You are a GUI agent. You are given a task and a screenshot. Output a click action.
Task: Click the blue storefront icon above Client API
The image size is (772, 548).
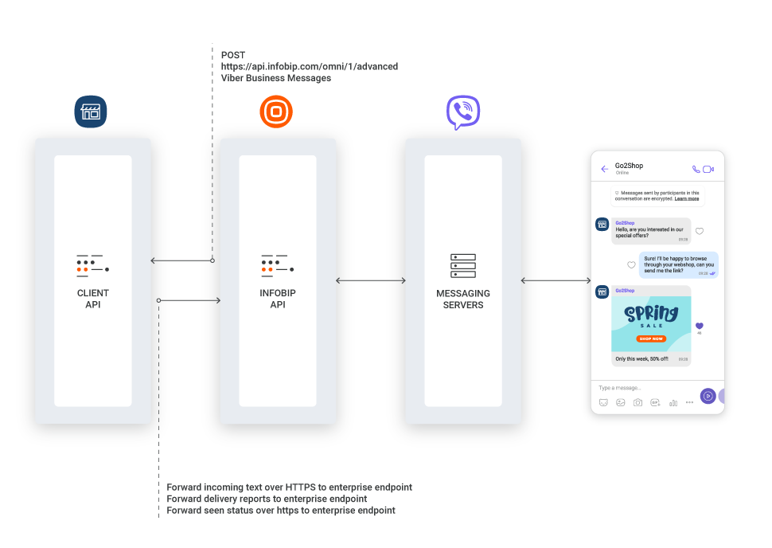pyautogui.click(x=91, y=112)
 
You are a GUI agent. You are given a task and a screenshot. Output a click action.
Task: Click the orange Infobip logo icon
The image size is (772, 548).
pyautogui.click(x=276, y=112)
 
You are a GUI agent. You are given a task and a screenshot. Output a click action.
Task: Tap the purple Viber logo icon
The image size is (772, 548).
pyautogui.click(x=463, y=112)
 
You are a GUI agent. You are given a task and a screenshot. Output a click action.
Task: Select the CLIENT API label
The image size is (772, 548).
pyautogui.click(x=93, y=299)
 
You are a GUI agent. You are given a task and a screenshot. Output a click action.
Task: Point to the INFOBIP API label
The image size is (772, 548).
pyautogui.click(x=278, y=299)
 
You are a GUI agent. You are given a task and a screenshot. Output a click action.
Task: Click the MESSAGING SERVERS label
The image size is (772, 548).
pyautogui.click(x=463, y=299)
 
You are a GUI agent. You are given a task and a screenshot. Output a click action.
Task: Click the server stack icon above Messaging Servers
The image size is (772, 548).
pyautogui.click(x=463, y=265)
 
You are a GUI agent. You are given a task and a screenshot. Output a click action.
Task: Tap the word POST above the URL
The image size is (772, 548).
pyautogui.click(x=233, y=55)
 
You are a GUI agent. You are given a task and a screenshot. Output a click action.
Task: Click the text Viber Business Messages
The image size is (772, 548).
pyautogui.click(x=276, y=78)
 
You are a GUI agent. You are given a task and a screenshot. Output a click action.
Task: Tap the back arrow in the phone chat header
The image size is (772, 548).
pyautogui.click(x=605, y=169)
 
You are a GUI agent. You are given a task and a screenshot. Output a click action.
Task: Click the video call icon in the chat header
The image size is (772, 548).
pyautogui.click(x=708, y=169)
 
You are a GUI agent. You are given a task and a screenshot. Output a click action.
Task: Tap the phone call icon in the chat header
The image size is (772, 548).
pyautogui.click(x=696, y=169)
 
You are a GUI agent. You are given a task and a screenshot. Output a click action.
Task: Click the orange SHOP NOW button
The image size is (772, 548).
pyautogui.click(x=651, y=339)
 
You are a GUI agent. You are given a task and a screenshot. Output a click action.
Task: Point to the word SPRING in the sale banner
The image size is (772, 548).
pyautogui.click(x=651, y=314)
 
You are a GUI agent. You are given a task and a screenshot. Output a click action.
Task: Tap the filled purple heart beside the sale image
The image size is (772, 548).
pyautogui.click(x=700, y=326)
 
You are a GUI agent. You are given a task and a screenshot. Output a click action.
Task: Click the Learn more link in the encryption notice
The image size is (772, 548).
pyautogui.click(x=687, y=198)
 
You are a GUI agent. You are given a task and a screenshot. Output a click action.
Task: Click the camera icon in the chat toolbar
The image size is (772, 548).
pyautogui.click(x=637, y=403)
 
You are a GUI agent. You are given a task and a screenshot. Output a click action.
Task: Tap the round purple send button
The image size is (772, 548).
pyautogui.click(x=708, y=396)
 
